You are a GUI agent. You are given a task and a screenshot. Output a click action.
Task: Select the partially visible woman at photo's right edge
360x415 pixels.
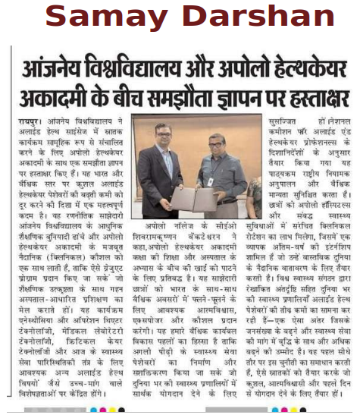255,193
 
